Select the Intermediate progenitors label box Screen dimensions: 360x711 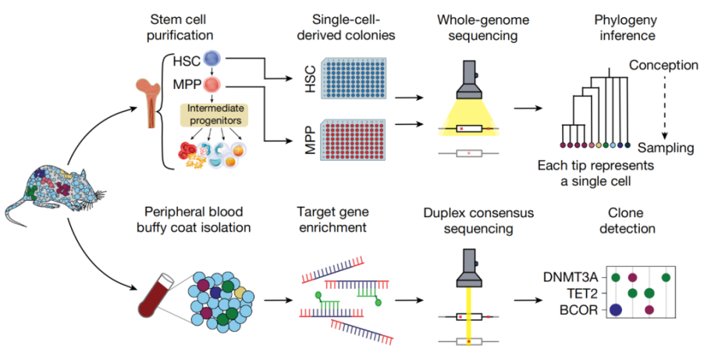coord(214,113)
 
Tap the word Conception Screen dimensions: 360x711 coord(664,65)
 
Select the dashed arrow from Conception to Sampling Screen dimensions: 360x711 coord(664,107)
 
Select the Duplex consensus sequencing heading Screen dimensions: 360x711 coord(470,220)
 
